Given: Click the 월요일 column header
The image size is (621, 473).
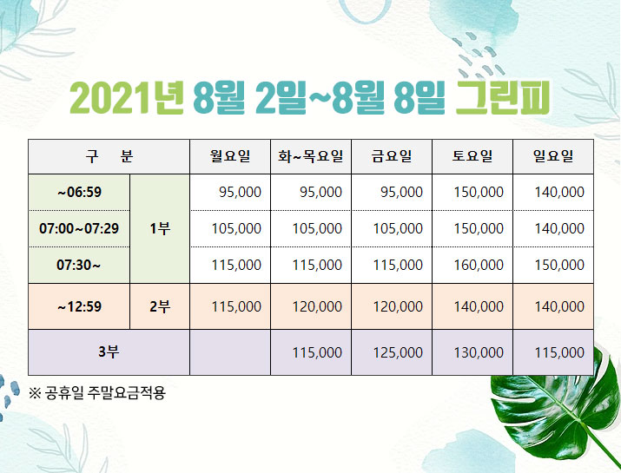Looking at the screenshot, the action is click(230, 156).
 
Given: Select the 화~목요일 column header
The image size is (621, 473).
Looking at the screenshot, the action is click(311, 156).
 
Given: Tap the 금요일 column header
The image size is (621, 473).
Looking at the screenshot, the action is click(392, 156).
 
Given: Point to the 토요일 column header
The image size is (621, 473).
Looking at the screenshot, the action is click(472, 156).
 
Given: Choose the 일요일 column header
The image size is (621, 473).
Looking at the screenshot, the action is click(553, 156).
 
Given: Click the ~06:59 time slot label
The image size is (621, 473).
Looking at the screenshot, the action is click(79, 193).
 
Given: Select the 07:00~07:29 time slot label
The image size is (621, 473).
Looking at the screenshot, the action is click(79, 228).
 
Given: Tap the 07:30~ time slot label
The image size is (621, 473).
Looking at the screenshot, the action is click(78, 265).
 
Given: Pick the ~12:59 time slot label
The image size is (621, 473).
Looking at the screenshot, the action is click(79, 306).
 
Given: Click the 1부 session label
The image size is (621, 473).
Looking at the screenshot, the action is click(160, 228).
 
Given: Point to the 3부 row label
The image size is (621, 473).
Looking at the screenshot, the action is click(109, 351).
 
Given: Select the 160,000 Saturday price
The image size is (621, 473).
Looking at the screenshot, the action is click(479, 265).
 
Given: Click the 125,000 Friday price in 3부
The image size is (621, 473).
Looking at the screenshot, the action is click(398, 352).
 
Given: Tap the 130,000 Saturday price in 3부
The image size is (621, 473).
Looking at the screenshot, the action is click(479, 352).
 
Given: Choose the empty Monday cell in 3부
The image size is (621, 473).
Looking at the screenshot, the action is click(230, 352).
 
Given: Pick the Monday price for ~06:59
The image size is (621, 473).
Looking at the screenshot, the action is click(240, 193).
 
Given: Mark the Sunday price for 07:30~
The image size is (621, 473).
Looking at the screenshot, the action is click(559, 265).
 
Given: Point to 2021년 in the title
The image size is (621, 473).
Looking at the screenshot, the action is click(127, 97).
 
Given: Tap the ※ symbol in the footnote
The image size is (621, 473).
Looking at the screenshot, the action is click(35, 393).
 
